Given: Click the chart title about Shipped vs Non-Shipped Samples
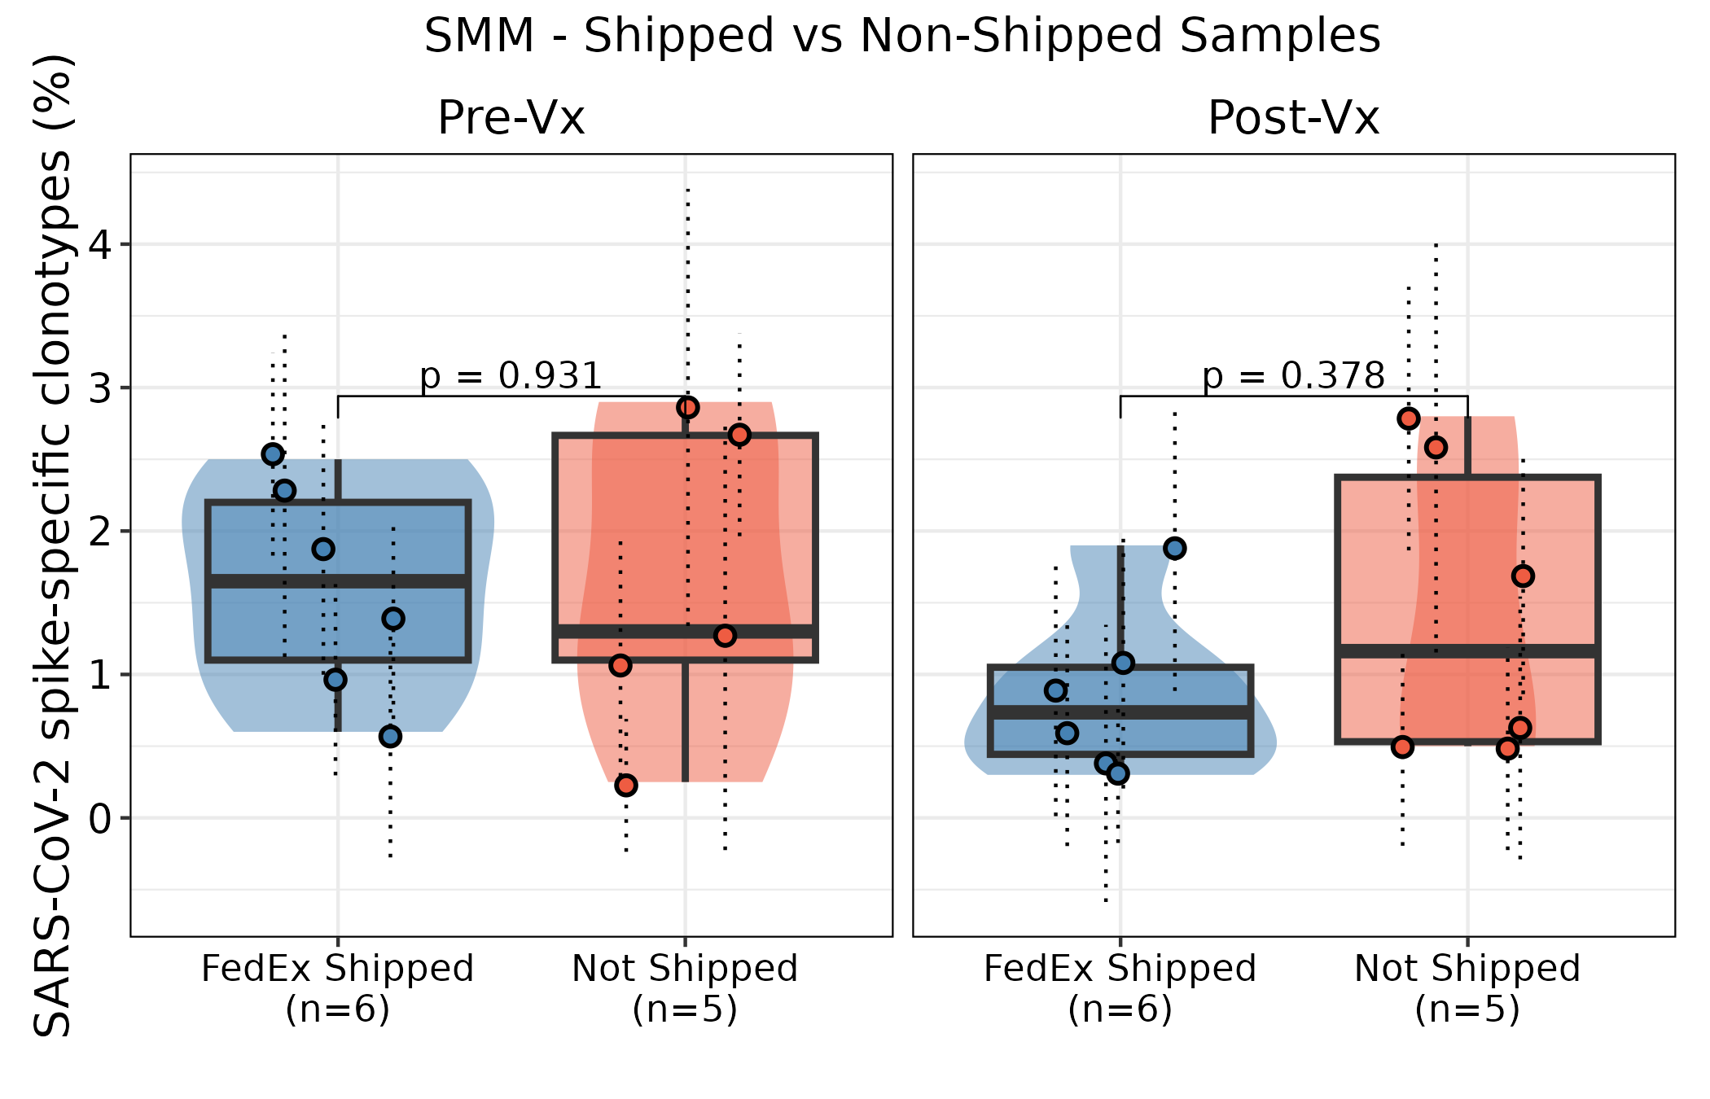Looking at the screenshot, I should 902,37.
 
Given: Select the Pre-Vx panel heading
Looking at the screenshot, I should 511,118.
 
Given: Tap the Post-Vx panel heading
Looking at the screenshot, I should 1293,118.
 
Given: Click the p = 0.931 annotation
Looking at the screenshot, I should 511,376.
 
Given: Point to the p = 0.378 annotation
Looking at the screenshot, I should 1293,376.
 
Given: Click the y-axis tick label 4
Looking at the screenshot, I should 100,245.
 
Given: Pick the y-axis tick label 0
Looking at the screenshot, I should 100,818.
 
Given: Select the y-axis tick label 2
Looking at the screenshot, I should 100,532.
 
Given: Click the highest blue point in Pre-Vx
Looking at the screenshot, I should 273,454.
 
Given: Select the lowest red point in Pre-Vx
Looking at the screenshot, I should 626,786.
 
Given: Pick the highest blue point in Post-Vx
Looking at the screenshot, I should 1174,548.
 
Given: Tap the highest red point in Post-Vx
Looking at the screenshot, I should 1409,418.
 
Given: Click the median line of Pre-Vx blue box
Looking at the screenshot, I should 338,581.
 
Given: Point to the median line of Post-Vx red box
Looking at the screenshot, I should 1467,651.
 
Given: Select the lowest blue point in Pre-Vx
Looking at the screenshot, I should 391,737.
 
